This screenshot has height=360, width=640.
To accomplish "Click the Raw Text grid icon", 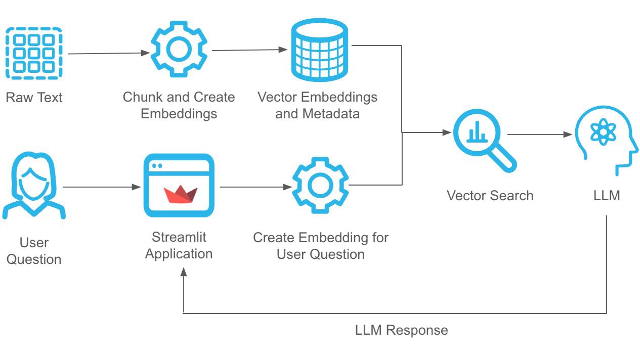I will [34, 53].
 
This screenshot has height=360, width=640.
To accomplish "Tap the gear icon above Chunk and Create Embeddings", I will [179, 49].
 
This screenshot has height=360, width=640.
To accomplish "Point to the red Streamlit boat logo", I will [180, 194].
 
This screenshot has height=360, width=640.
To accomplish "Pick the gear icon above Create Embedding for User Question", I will [320, 186].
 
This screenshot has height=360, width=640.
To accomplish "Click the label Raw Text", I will [34, 97].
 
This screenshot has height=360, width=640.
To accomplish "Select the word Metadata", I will [331, 113].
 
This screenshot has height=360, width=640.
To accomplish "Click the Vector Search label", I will [490, 196].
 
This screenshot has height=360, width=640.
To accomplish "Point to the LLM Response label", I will [401, 331].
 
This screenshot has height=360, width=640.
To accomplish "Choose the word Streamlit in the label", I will [179, 237].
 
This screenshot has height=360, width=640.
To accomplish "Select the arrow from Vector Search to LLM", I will [539, 134].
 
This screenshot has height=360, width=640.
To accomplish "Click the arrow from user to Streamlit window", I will [101, 187].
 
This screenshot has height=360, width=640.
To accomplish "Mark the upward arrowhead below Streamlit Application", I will [183, 272].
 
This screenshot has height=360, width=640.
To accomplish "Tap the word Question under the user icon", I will [34, 259].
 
